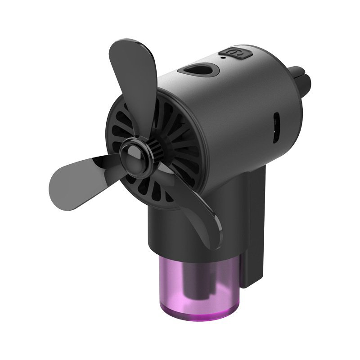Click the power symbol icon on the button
click(x=237, y=53)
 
